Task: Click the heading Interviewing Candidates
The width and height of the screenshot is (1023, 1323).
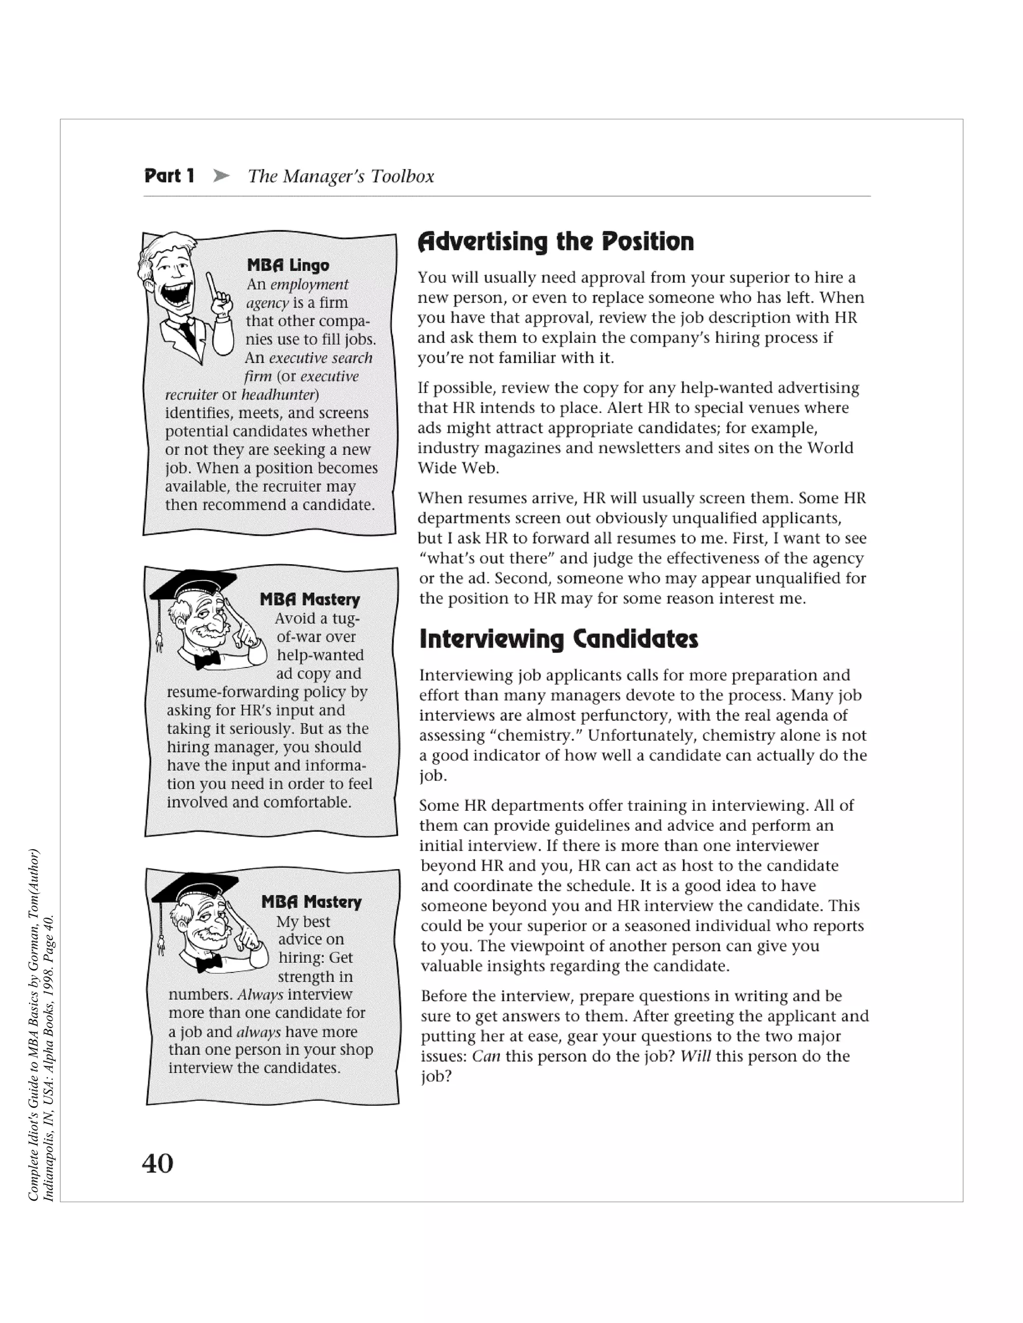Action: (x=558, y=639)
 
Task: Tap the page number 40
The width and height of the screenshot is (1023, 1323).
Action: (x=157, y=1163)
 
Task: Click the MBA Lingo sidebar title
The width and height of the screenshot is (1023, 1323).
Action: (x=288, y=265)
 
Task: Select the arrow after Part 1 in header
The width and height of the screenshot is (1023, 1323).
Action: (x=222, y=176)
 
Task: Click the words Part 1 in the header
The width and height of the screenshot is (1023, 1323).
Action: (x=169, y=176)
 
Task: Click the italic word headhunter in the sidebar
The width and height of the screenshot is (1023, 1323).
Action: (x=279, y=395)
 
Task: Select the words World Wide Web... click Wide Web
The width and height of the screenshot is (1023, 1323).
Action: (x=458, y=468)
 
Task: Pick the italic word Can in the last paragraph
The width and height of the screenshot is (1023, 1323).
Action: (x=486, y=1056)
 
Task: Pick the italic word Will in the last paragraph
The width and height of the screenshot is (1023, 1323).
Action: (x=694, y=1056)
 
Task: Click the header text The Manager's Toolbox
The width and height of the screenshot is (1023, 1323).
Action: (x=341, y=176)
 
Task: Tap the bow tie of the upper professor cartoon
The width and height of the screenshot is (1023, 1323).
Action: (x=207, y=659)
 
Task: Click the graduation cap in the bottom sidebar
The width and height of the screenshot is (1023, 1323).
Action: (x=195, y=887)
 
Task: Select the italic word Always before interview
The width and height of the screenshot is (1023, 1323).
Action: (x=260, y=994)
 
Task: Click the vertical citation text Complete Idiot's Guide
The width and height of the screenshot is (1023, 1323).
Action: (x=34, y=1024)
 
